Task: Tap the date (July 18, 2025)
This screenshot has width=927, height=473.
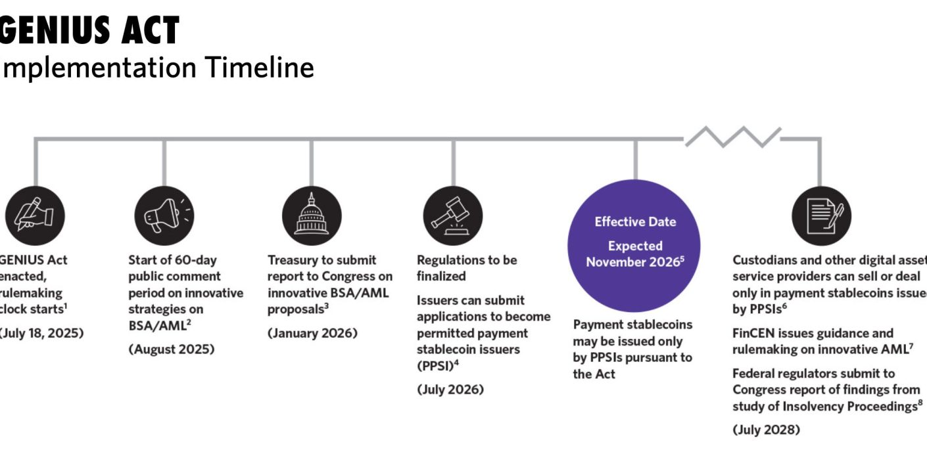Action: coord(41,333)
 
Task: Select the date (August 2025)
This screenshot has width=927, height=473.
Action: coord(171,349)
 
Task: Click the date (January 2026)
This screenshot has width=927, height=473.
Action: coord(312,333)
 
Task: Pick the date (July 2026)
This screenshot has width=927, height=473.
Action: coord(450,390)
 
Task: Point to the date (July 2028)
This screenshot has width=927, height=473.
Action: coord(766,431)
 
